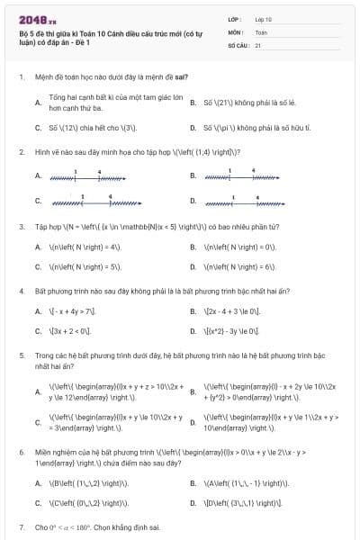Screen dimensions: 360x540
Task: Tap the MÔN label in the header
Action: coord(234,31)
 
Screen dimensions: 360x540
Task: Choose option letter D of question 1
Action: coord(193,128)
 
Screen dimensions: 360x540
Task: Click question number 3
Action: coord(21,227)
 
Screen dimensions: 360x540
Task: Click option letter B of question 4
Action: coord(193,311)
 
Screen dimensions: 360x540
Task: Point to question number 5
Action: coord(21,355)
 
